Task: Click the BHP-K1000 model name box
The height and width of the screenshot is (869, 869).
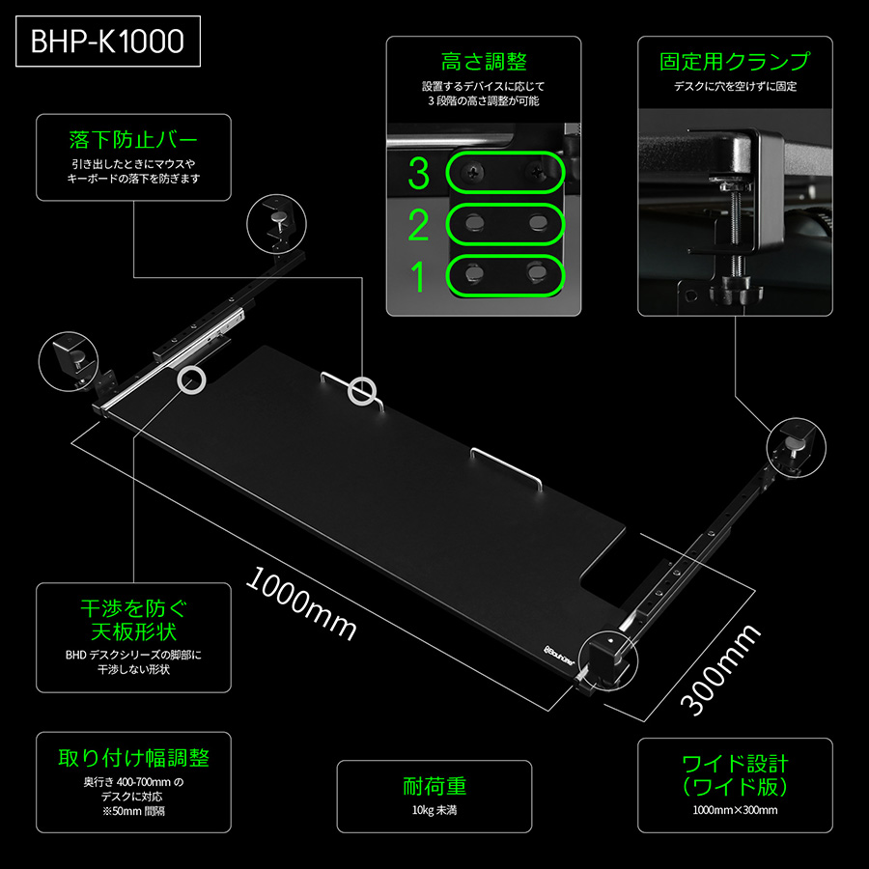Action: click(108, 42)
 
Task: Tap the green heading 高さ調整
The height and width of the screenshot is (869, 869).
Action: click(484, 62)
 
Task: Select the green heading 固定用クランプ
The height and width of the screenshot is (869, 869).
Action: click(735, 62)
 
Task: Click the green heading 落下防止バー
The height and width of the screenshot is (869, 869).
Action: click(133, 140)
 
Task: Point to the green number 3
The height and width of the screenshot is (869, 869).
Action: click(418, 174)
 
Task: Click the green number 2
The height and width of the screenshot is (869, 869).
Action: click(418, 225)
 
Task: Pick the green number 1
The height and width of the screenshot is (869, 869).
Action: click(418, 276)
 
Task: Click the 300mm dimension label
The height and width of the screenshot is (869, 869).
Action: click(720, 669)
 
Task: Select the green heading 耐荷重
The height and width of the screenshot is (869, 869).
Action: click(434, 786)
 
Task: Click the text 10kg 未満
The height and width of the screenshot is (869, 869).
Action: click(434, 810)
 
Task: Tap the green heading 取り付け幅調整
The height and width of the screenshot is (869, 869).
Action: click(133, 758)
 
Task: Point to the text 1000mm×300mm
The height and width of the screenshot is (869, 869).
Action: click(735, 810)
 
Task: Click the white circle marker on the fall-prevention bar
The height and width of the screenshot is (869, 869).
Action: click(362, 391)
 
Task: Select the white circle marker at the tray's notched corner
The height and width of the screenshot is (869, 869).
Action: click(192, 380)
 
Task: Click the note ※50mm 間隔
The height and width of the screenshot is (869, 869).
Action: click(133, 811)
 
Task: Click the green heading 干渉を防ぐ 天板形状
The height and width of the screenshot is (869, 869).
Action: click(133, 620)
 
